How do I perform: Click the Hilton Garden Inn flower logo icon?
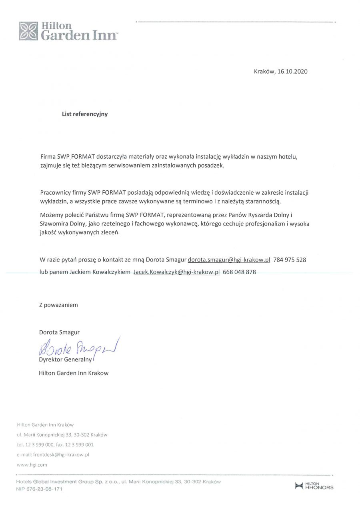coord(28,31)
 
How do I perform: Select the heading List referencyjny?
coord(85,114)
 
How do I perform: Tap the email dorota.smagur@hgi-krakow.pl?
coord(229,259)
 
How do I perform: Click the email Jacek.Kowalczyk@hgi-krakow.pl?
coord(176,272)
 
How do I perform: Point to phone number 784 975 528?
coord(290,259)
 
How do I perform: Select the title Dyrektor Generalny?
coord(66,359)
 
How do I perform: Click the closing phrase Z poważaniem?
coord(58,305)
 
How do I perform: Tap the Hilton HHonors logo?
coord(314,486)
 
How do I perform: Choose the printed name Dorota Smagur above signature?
coord(59,332)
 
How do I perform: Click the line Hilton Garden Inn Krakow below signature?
coord(74,373)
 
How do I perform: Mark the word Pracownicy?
coord(56,193)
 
